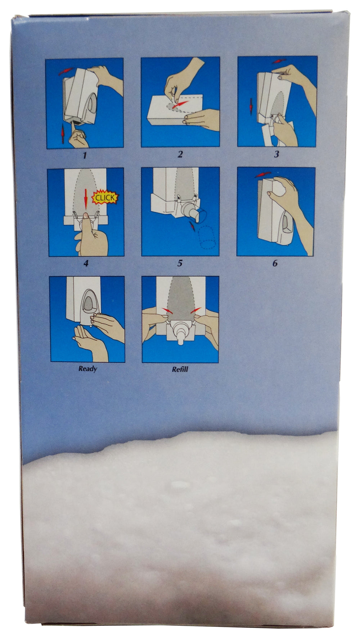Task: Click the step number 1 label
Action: [85, 155]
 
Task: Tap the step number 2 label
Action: [180, 154]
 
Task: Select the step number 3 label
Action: [276, 154]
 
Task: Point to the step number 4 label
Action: [86, 263]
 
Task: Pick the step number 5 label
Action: [180, 263]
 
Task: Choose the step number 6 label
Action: [275, 263]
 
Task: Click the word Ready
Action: [88, 369]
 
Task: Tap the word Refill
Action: [180, 369]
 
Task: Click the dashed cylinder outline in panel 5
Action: [205, 237]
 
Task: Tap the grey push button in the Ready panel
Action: [88, 304]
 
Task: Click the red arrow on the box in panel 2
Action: [179, 105]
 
